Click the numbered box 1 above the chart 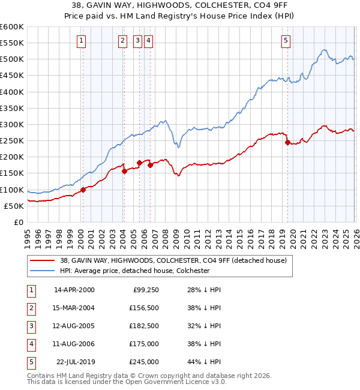pyautogui.click(x=81, y=41)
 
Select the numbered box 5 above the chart pyautogui.click(x=286, y=41)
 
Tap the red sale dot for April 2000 pyautogui.click(x=83, y=190)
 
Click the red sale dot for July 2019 pyautogui.click(x=287, y=143)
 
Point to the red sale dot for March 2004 pyautogui.click(x=124, y=171)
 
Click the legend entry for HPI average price pyautogui.click(x=134, y=271)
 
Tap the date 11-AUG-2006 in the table pyautogui.click(x=74, y=344)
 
